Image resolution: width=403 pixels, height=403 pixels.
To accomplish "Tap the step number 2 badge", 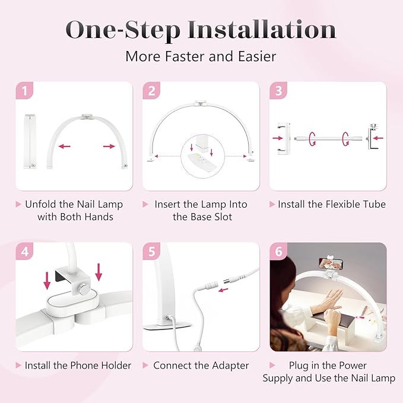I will click(151, 91).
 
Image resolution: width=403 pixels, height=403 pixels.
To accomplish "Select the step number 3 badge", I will click(278, 91).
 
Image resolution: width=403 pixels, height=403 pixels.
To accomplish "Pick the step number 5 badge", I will click(151, 252).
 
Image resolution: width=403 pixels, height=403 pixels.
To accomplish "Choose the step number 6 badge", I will click(278, 252).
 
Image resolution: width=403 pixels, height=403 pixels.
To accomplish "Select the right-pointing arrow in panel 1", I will click(109, 146).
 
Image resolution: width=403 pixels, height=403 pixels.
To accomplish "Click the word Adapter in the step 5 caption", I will click(228, 365).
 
